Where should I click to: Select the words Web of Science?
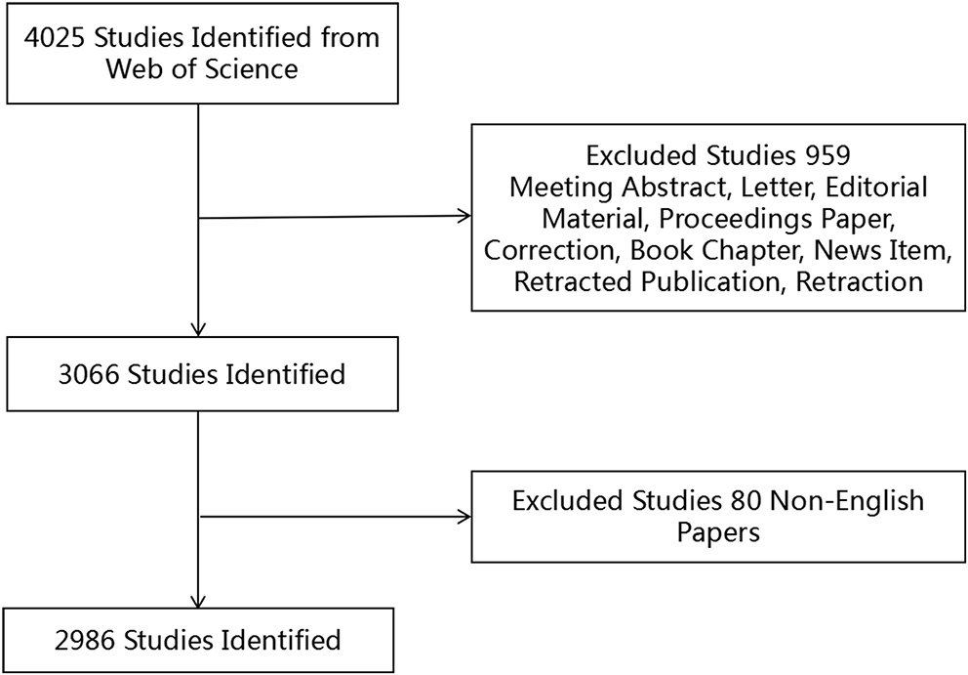pos(199,70)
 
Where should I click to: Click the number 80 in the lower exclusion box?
pos(746,502)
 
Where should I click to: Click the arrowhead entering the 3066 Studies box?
pos(199,329)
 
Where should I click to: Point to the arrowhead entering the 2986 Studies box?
pos(199,602)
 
